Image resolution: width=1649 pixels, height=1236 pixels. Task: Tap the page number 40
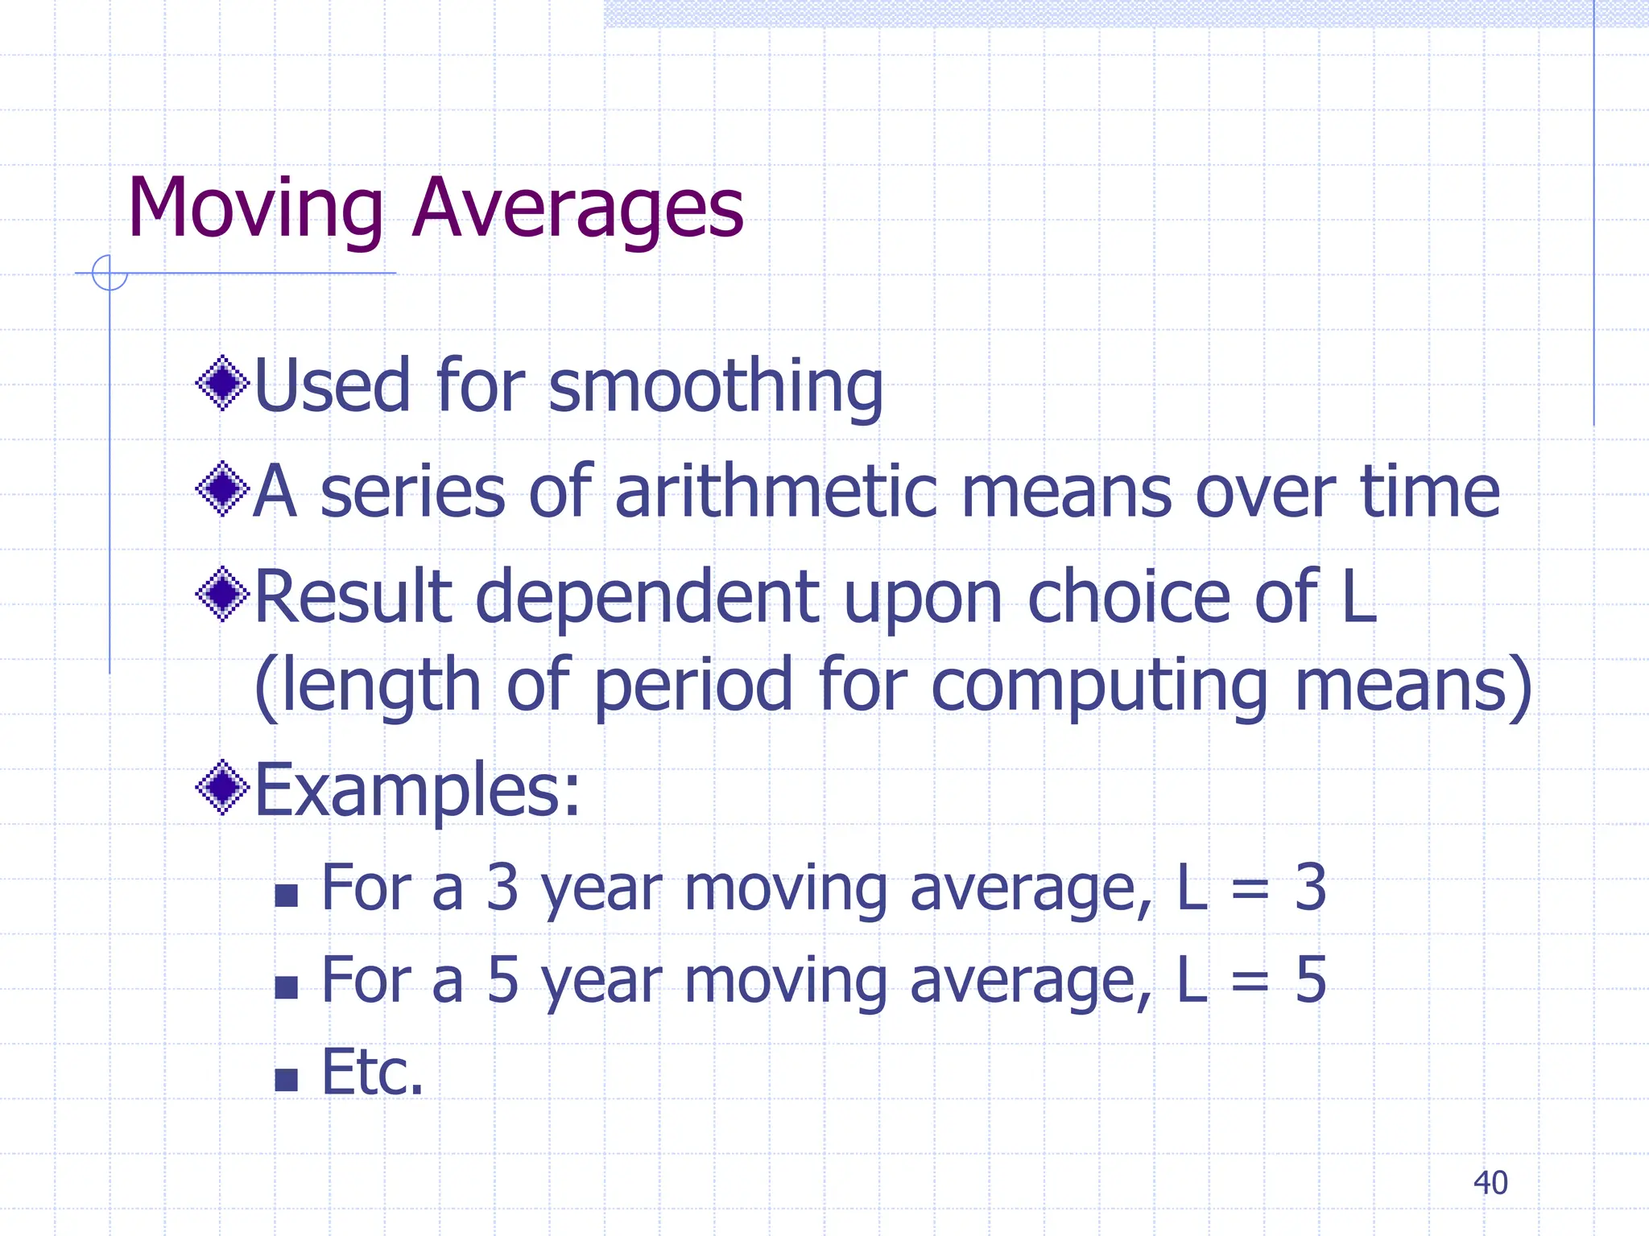click(x=1490, y=1183)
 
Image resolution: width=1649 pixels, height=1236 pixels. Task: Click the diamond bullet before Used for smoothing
click(x=222, y=384)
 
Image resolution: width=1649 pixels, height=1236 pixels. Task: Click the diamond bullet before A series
click(x=222, y=488)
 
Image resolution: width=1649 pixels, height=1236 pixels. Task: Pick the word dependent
click(x=647, y=597)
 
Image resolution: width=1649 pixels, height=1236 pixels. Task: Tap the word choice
click(x=1129, y=597)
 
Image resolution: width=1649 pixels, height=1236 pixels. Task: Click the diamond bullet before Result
click(x=222, y=595)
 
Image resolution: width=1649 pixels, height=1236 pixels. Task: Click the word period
click(x=693, y=686)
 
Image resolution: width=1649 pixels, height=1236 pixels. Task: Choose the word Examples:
click(x=417, y=790)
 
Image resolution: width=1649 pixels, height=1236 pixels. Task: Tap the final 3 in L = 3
click(x=1310, y=888)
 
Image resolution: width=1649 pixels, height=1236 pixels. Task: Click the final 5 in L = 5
click(x=1310, y=980)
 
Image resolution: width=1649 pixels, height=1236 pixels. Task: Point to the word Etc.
click(x=372, y=1073)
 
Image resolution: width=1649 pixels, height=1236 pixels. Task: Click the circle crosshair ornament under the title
click(x=110, y=273)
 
